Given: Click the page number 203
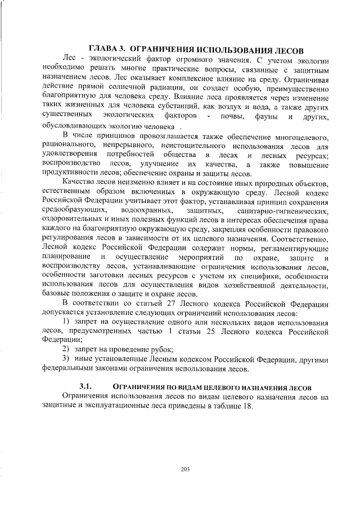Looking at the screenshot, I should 185,469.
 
